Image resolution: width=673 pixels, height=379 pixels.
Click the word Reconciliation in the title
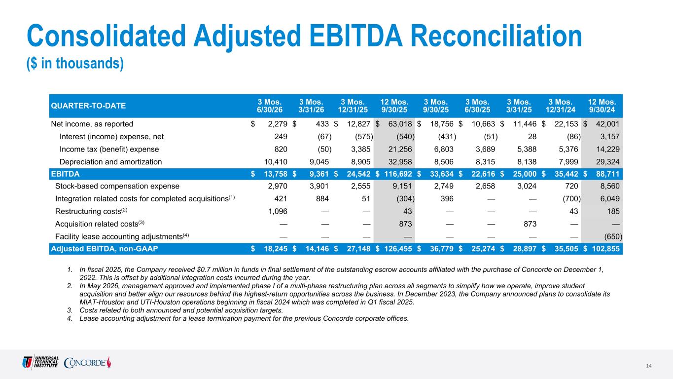(496, 36)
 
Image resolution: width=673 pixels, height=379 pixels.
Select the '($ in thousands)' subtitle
(75, 64)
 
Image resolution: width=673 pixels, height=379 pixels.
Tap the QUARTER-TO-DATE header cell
(88, 106)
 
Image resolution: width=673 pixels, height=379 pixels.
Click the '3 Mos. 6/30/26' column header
(270, 106)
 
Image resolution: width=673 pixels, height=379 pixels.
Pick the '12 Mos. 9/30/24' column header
(602, 106)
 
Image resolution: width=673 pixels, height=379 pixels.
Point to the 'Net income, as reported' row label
(92, 124)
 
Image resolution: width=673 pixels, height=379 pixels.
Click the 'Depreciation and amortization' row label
(110, 162)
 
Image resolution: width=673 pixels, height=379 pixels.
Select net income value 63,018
(400, 124)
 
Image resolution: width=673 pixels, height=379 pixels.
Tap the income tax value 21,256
(400, 149)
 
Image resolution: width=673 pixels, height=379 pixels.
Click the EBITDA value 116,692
(398, 174)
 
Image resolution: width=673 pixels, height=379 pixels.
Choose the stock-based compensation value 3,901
(319, 186)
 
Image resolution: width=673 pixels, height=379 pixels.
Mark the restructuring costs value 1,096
(278, 211)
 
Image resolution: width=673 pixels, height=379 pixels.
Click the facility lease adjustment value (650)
(613, 237)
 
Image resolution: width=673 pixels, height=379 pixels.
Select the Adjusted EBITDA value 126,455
(398, 249)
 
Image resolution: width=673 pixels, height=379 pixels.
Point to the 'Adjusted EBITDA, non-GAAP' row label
(104, 249)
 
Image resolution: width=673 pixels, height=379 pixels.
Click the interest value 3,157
(610, 137)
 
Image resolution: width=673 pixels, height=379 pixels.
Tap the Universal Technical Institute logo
(40, 362)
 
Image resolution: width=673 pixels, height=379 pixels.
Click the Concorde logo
(87, 362)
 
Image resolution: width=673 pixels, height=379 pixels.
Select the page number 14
(649, 366)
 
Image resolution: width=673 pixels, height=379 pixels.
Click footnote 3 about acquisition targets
(175, 310)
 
